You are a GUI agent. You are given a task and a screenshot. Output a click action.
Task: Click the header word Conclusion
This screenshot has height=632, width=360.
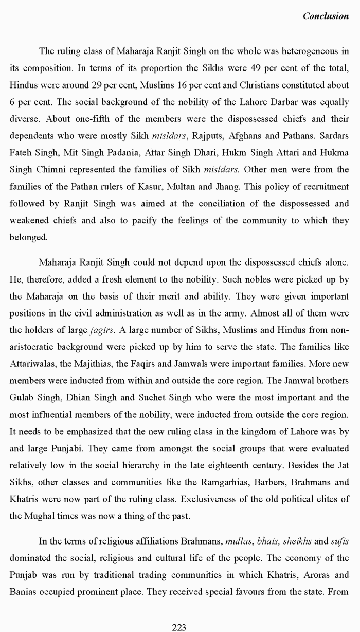tap(326, 16)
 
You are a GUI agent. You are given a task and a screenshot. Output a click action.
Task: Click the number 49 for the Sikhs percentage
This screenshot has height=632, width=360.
tap(267, 68)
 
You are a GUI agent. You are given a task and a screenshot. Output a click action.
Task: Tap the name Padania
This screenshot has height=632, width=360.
tap(121, 153)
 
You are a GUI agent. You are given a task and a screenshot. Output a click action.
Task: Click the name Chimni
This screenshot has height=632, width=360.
tap(51, 170)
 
